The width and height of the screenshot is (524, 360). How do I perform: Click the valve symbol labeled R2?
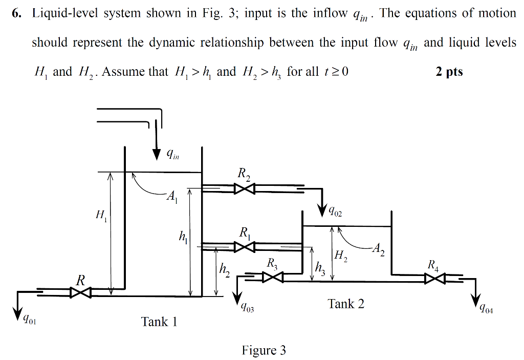click(x=245, y=189)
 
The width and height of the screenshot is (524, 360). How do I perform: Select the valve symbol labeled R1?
click(x=245, y=247)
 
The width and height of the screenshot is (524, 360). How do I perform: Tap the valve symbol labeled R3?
click(x=273, y=278)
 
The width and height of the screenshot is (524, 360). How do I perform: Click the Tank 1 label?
click(x=159, y=322)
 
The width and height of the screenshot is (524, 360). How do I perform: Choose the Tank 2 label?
click(x=346, y=304)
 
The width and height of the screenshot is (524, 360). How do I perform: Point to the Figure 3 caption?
click(x=264, y=350)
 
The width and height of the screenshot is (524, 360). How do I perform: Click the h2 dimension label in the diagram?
click(x=225, y=270)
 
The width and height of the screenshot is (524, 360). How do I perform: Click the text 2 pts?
click(x=449, y=71)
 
